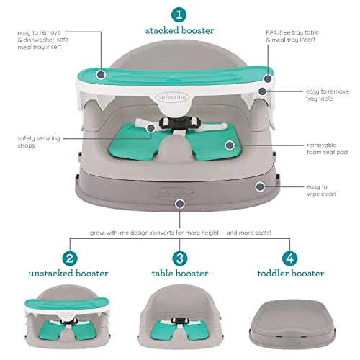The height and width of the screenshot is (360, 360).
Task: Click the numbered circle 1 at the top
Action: [x=179, y=14]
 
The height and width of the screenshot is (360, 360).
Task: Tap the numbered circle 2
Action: [x=70, y=258]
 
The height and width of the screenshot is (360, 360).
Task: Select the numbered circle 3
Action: [x=179, y=258]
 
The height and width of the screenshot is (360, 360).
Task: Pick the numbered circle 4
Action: [x=290, y=258]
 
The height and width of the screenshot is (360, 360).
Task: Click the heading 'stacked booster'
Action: [x=179, y=32]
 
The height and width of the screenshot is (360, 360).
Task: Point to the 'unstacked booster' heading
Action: [x=70, y=274]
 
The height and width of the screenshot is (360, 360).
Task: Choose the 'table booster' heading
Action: [x=179, y=274]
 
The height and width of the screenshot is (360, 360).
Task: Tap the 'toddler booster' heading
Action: [x=290, y=274]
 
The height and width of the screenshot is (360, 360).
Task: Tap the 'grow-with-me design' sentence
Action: [x=179, y=233]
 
